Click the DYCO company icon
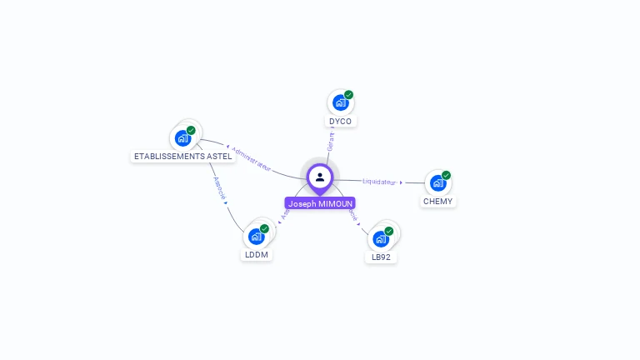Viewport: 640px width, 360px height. click(x=339, y=102)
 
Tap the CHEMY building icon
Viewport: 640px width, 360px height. click(x=437, y=183)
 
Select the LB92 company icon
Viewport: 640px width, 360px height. click(x=381, y=238)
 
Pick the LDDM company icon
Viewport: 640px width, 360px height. click(x=257, y=237)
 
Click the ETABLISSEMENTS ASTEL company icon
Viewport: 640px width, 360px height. click(x=183, y=138)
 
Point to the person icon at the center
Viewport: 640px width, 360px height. click(x=320, y=177)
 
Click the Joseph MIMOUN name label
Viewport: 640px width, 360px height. click(x=320, y=203)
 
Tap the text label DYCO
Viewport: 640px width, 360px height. click(x=340, y=122)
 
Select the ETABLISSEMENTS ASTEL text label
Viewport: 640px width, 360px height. click(x=183, y=157)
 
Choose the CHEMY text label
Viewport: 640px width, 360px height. click(x=438, y=202)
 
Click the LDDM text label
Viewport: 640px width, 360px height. click(x=257, y=255)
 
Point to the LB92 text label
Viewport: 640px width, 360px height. click(x=381, y=257)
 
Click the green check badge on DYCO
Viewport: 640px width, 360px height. click(x=348, y=95)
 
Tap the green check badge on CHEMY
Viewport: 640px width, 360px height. click(x=446, y=176)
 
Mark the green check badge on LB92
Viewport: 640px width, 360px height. click(x=388, y=231)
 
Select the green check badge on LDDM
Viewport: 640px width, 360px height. click(x=264, y=228)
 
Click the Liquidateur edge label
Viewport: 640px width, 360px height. click(x=379, y=182)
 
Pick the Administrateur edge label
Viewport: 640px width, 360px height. click(x=251, y=159)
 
